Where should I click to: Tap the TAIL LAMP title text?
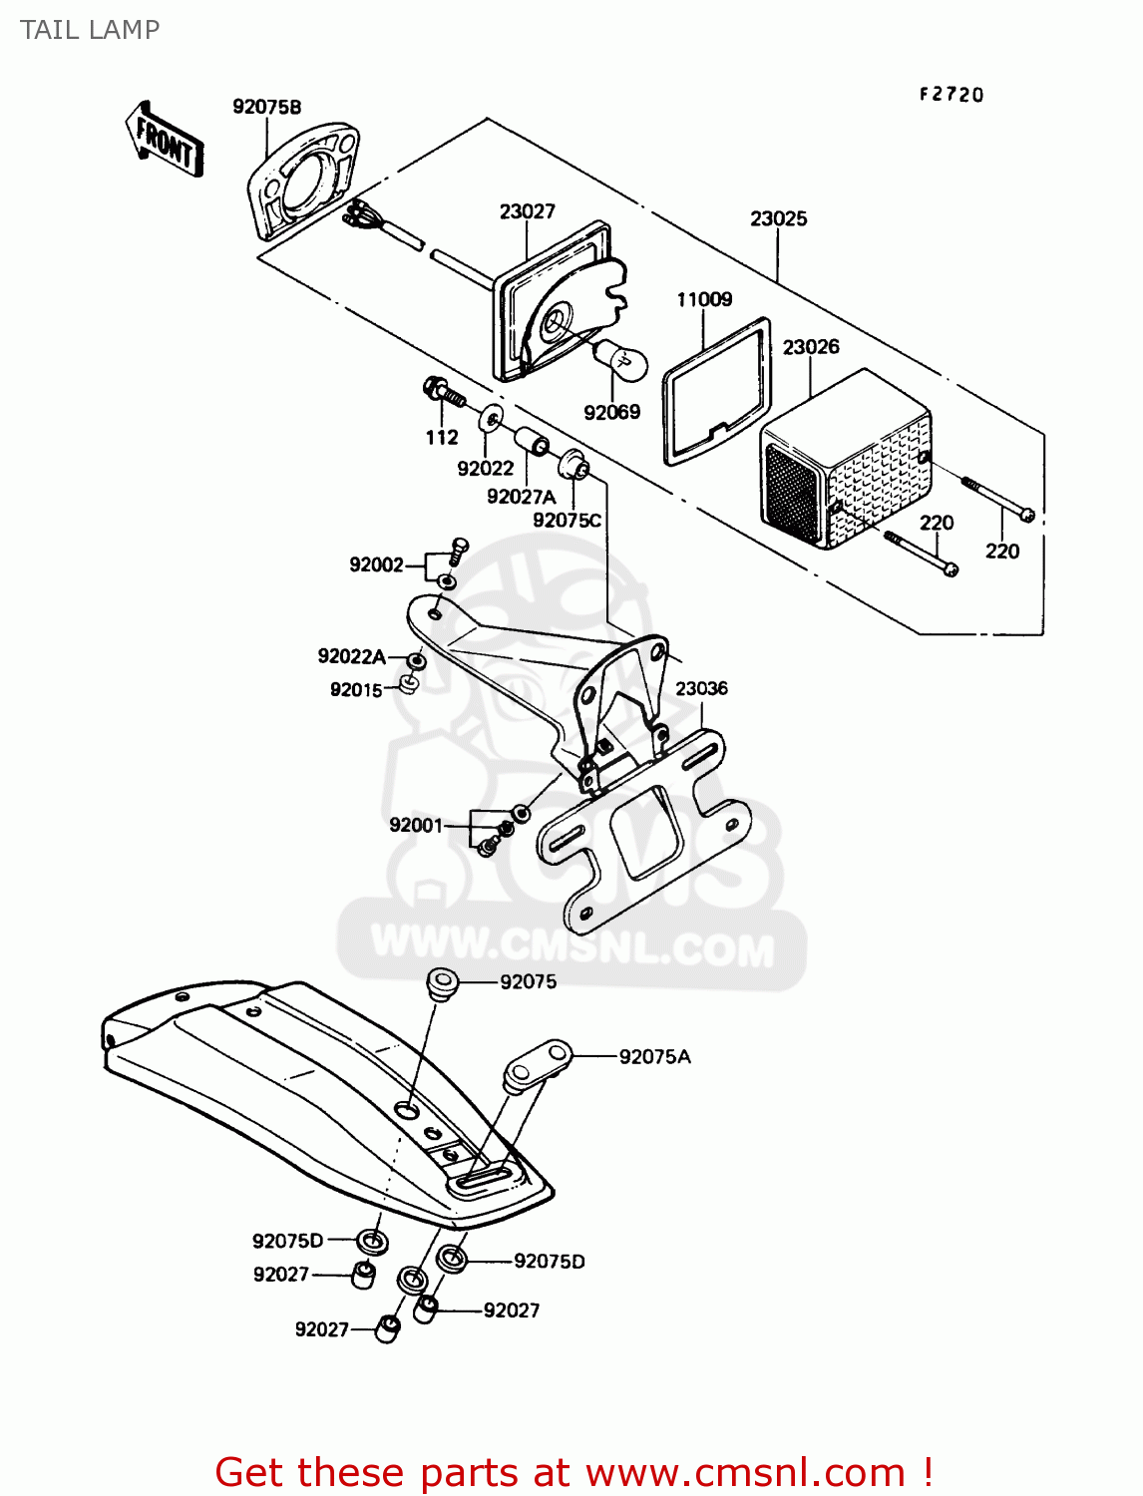click(x=90, y=30)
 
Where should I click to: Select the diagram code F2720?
click(x=951, y=95)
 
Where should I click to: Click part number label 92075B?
click(x=266, y=107)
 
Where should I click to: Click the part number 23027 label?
click(x=527, y=211)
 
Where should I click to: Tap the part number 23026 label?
click(x=810, y=347)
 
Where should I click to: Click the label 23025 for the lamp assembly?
click(x=778, y=218)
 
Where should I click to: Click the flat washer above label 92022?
click(x=491, y=418)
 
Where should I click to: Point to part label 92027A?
click(x=521, y=496)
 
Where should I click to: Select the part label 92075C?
click(x=567, y=520)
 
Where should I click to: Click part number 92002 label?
click(x=376, y=564)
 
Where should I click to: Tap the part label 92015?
click(x=356, y=690)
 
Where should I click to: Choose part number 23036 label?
click(x=701, y=688)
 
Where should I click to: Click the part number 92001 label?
click(x=416, y=825)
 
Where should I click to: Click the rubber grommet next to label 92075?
click(x=442, y=983)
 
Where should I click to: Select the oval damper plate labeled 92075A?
click(x=538, y=1064)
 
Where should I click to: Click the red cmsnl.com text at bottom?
click(x=573, y=1472)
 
